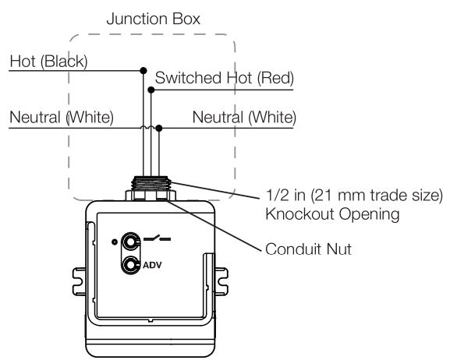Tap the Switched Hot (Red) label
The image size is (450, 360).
coord(225,78)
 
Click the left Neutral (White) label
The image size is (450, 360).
coord(62,118)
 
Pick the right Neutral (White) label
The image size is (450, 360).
coord(244,118)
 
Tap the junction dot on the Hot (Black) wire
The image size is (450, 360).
coord(142,70)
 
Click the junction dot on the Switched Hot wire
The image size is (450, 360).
coord(151,90)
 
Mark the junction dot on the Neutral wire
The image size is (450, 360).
coord(159,128)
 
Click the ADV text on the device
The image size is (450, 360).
coord(153,264)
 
